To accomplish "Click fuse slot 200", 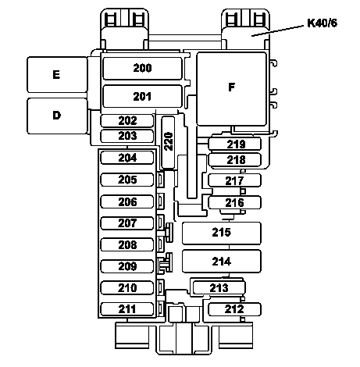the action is [x=142, y=68].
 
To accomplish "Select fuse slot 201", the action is [x=142, y=96].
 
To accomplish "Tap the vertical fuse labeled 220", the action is [x=168, y=142].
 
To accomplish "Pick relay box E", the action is [x=57, y=74].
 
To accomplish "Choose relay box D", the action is [x=57, y=116].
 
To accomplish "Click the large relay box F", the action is [x=232, y=89].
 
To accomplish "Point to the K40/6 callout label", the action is [x=322, y=23].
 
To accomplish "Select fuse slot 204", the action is [x=127, y=158].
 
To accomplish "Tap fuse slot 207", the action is [x=127, y=223].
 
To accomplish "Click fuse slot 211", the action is [x=127, y=309].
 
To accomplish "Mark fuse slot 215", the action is [x=222, y=233].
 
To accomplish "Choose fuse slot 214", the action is [x=222, y=261].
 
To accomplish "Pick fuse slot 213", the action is [x=219, y=288].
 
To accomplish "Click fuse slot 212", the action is [x=234, y=309].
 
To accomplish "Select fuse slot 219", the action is [x=234, y=144].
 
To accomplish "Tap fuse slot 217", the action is [x=234, y=180].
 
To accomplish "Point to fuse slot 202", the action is [x=127, y=121].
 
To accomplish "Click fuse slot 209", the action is [x=127, y=266].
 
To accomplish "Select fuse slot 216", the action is [x=234, y=202].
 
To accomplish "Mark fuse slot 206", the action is [x=127, y=201].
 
